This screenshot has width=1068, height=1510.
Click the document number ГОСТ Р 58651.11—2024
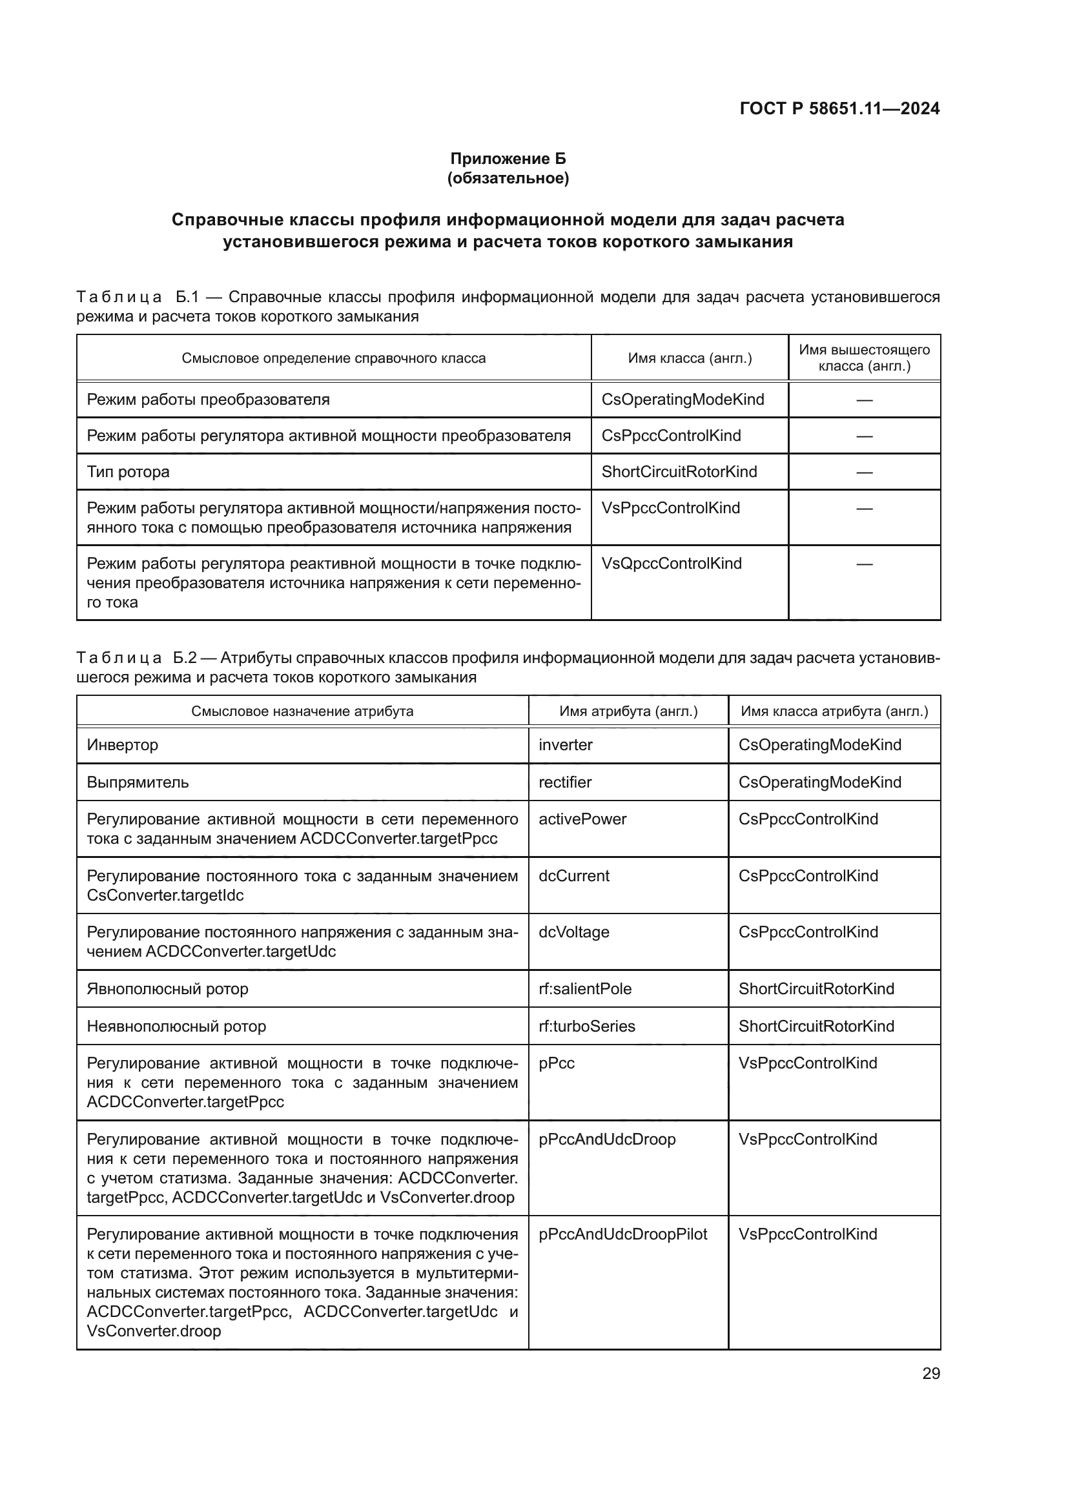[839, 108]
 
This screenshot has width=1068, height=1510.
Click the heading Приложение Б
[508, 159]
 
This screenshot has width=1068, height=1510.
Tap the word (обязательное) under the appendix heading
[508, 178]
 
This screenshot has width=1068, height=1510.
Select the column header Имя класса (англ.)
[689, 358]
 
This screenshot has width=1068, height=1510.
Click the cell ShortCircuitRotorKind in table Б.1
[679, 471]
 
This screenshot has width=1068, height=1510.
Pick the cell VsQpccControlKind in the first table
[671, 564]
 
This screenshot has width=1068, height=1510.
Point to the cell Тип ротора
[128, 471]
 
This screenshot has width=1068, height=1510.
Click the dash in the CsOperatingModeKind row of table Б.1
[864, 400]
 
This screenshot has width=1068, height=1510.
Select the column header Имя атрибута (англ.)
[628, 711]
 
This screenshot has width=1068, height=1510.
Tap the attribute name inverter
[565, 744]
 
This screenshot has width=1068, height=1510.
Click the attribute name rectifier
[564, 782]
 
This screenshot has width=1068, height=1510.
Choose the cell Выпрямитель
[138, 782]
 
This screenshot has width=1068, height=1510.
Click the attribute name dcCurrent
[573, 875]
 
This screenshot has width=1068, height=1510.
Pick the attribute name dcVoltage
[573, 932]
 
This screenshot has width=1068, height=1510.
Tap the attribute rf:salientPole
[584, 988]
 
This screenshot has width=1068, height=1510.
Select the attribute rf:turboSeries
[586, 1026]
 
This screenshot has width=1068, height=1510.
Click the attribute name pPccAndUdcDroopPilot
[622, 1234]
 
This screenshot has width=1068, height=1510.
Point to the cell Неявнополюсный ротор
[176, 1026]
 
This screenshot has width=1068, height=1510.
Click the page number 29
[930, 1373]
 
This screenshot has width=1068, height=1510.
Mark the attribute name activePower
[582, 819]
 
